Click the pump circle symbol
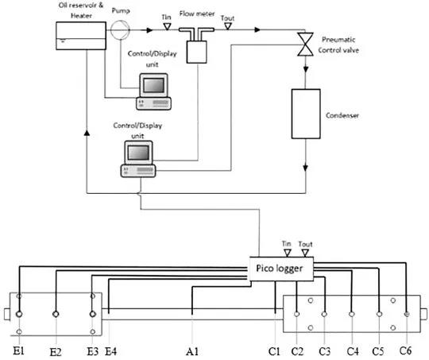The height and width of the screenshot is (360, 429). [x=121, y=30]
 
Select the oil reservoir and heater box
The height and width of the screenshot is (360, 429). [x=81, y=36]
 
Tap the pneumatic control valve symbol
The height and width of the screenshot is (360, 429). [x=305, y=45]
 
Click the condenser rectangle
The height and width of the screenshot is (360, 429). [x=306, y=114]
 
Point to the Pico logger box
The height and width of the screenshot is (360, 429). [x=281, y=269]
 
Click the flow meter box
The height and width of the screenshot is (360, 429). [x=196, y=52]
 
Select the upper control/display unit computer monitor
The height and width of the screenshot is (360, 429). [x=153, y=85]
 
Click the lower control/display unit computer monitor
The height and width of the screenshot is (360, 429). [x=138, y=153]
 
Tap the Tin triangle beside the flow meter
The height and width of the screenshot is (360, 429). [x=167, y=26]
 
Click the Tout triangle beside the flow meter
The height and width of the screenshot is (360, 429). [x=228, y=26]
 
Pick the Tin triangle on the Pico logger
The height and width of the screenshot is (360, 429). [x=287, y=253]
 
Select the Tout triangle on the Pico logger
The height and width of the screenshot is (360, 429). [x=305, y=253]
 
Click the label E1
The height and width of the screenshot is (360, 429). [x=18, y=350]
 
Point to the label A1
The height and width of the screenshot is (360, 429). [x=192, y=351]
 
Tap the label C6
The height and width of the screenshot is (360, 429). [x=405, y=350]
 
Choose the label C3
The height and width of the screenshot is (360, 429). [x=325, y=351]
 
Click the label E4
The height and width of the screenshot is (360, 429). [x=110, y=351]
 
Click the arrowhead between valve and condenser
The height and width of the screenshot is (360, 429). [x=306, y=69]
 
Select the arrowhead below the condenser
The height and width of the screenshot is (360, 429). [x=306, y=168]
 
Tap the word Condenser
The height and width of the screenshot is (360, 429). [x=342, y=115]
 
